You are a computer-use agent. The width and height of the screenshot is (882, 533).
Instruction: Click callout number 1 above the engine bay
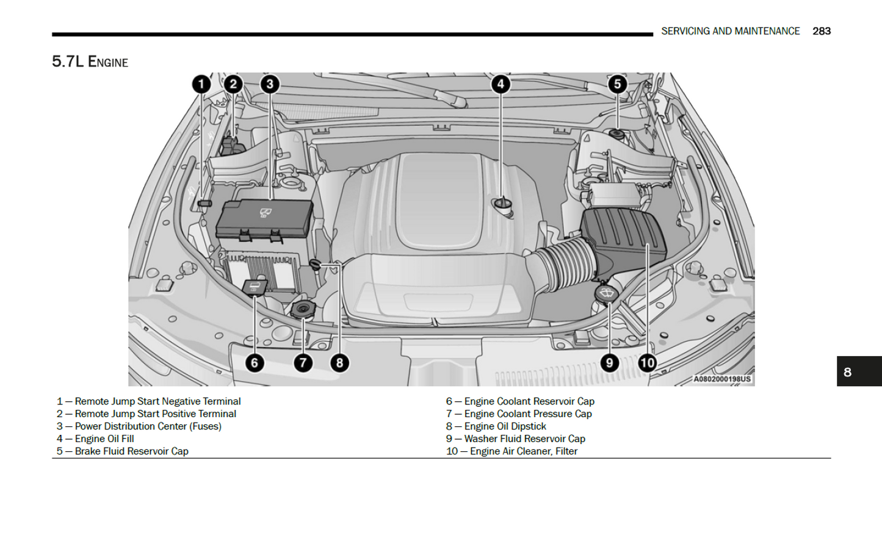click(201, 84)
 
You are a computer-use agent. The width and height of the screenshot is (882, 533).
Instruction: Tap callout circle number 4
click(501, 84)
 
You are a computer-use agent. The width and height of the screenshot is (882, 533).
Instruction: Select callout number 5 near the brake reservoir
click(617, 84)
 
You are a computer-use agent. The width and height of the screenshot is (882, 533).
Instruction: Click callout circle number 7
click(303, 363)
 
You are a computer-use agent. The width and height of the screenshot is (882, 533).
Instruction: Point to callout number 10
click(647, 363)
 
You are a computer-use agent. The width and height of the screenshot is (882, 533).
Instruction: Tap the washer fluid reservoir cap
click(606, 293)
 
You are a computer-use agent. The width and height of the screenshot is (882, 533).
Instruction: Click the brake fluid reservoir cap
click(616, 134)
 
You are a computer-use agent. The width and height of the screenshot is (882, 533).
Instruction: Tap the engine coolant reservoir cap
click(255, 286)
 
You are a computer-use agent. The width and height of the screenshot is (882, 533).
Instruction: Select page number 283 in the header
click(821, 31)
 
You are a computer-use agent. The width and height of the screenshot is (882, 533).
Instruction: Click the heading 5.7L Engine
click(90, 62)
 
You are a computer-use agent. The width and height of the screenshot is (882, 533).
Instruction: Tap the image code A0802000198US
click(721, 379)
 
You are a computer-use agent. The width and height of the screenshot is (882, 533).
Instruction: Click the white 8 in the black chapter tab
click(847, 372)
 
